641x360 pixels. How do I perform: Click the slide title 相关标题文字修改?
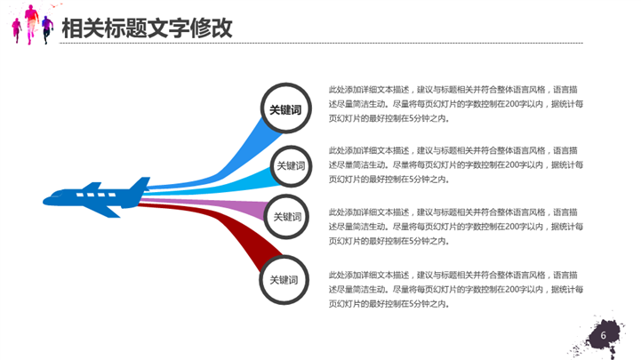tap(147, 28)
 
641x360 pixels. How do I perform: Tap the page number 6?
tap(604, 336)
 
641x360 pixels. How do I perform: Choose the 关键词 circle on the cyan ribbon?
tap(290, 165)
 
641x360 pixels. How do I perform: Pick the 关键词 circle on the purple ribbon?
tap(287, 217)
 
